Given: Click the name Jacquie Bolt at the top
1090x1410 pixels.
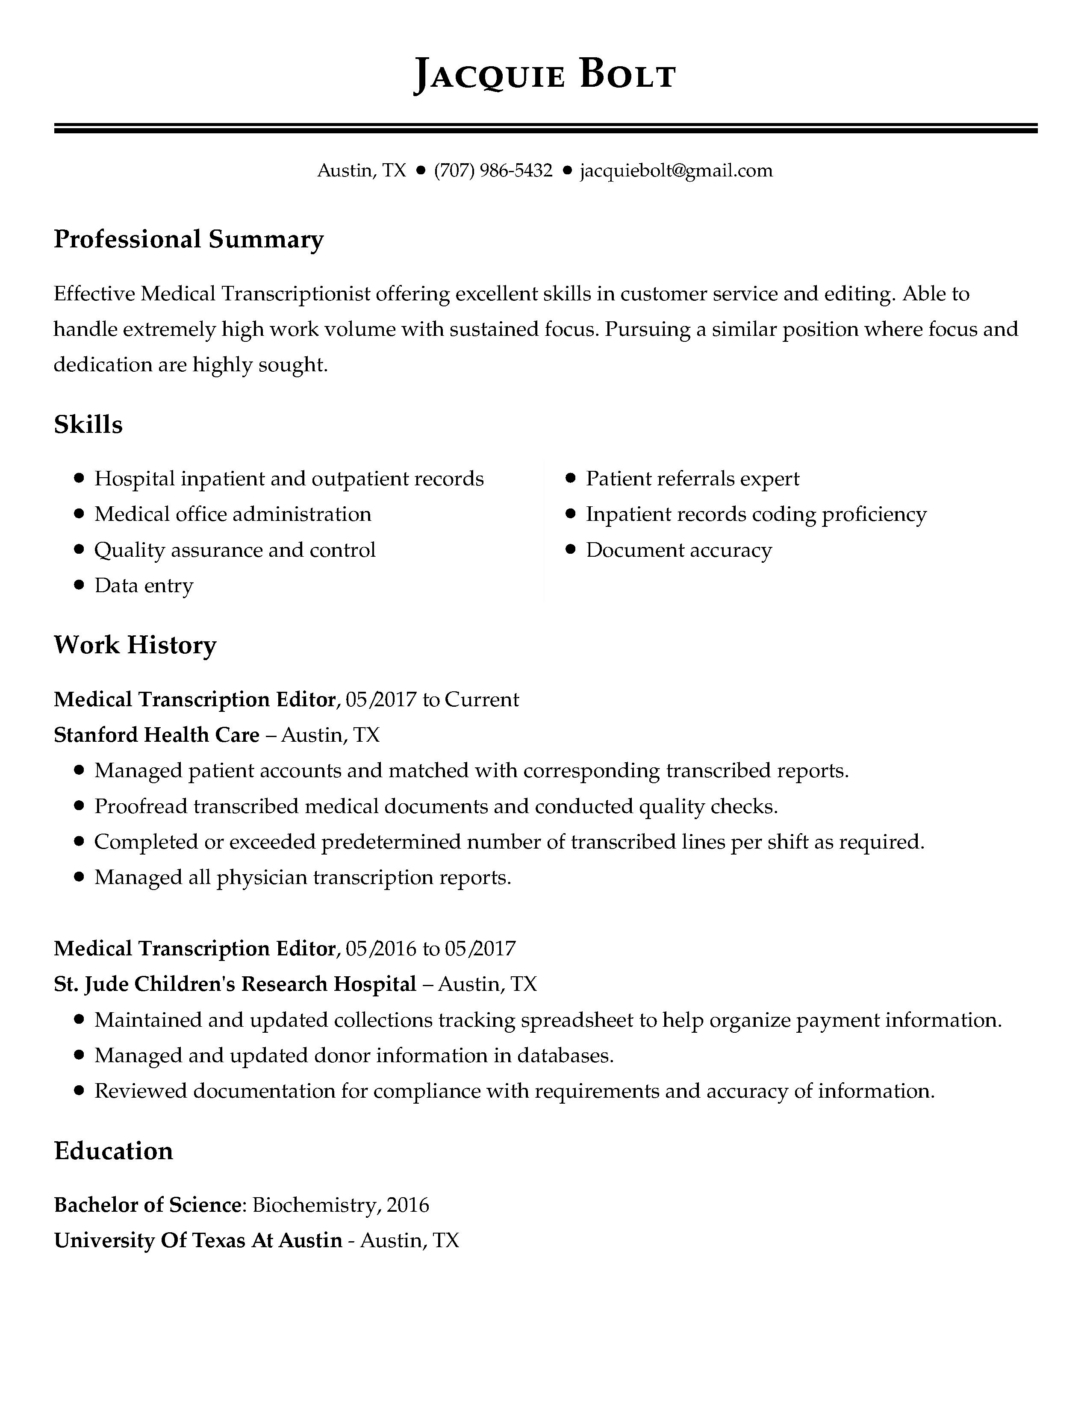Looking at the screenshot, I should (544, 75).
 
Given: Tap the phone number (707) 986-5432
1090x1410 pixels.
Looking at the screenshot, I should (493, 170).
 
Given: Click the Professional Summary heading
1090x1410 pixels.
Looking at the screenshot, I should (189, 240).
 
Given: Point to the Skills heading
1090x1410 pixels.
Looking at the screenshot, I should (88, 425).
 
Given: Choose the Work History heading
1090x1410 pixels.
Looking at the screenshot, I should (135, 645).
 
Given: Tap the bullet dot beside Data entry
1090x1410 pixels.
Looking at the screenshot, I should (80, 585).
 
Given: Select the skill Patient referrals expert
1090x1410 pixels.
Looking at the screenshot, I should (692, 479).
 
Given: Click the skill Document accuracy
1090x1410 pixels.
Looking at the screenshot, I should (679, 550).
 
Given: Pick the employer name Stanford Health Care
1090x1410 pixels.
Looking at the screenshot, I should (156, 735).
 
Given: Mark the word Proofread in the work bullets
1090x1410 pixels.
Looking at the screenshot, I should (141, 806).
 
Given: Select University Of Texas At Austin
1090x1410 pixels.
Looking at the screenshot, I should (197, 1240).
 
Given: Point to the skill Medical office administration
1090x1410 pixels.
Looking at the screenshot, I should (233, 514).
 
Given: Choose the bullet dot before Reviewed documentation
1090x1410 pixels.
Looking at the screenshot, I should (80, 1091).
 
